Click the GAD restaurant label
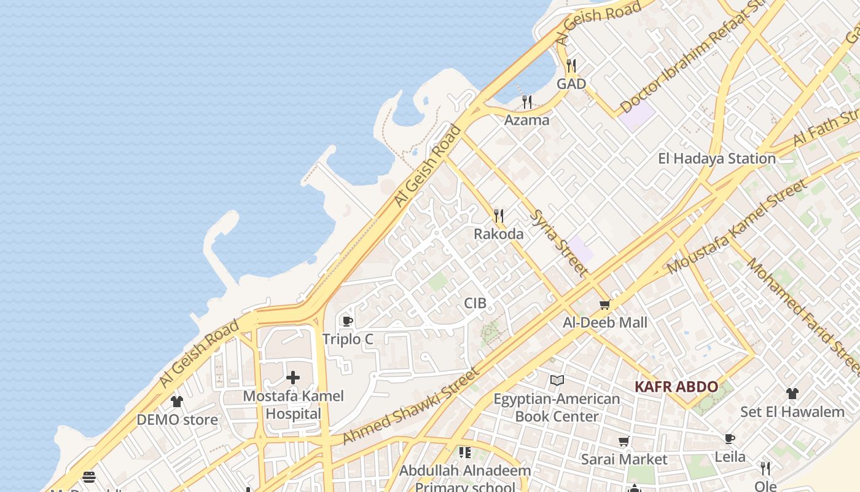(571, 84)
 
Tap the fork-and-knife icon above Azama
(527, 101)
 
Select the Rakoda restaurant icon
(499, 216)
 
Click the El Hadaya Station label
(717, 159)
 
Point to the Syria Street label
(558, 242)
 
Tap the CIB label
(475, 303)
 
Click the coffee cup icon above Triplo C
(347, 321)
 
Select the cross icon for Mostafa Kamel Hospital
(293, 377)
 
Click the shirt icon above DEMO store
(177, 402)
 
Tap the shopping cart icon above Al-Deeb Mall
(605, 304)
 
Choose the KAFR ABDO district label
(676, 387)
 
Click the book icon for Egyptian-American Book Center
(557, 381)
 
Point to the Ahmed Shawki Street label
(410, 406)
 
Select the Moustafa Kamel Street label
(737, 227)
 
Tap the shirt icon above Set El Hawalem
(792, 394)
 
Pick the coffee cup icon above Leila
(730, 438)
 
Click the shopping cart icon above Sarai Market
(624, 441)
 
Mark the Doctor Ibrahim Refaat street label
(692, 57)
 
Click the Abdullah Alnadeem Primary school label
(465, 479)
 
